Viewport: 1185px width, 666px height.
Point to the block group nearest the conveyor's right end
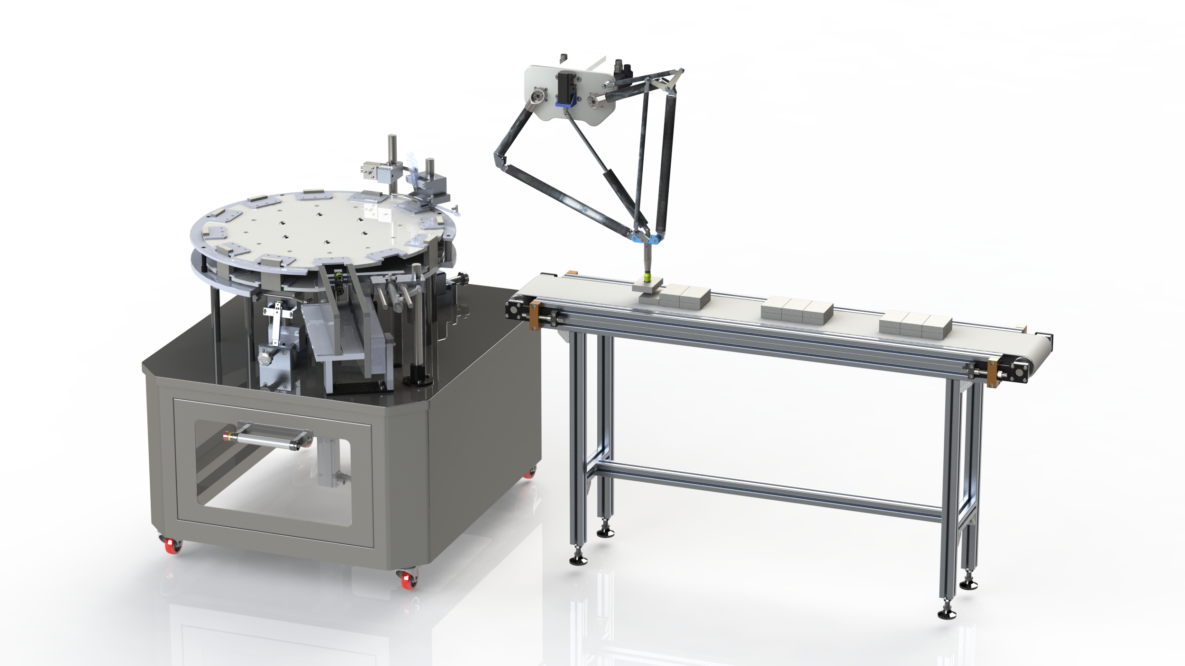tap(915, 324)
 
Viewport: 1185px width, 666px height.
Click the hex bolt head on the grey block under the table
tap(264, 355)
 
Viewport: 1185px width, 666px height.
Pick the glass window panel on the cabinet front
tap(275, 474)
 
